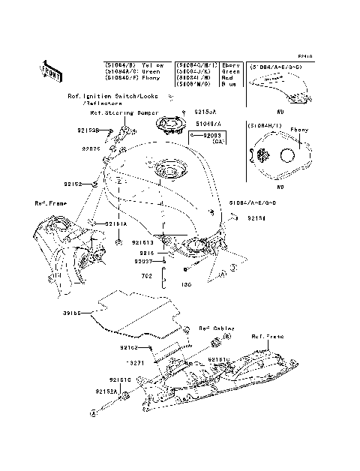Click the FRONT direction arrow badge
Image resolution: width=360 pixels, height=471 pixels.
(50, 70)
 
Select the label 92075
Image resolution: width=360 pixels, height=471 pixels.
(91, 149)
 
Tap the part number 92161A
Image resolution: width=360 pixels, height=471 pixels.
(115, 223)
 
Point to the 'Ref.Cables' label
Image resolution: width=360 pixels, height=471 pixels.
(215, 328)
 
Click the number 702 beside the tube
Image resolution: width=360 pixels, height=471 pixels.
(148, 276)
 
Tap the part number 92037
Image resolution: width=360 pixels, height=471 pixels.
(143, 261)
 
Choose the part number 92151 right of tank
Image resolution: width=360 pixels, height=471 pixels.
(257, 219)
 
